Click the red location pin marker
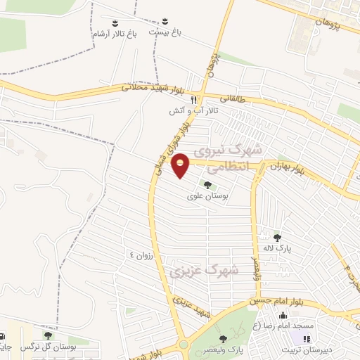(x=181, y=165)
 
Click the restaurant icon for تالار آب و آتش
(x=200, y=101)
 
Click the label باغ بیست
(x=164, y=32)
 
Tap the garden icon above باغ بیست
(x=165, y=21)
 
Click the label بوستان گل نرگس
(x=48, y=347)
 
